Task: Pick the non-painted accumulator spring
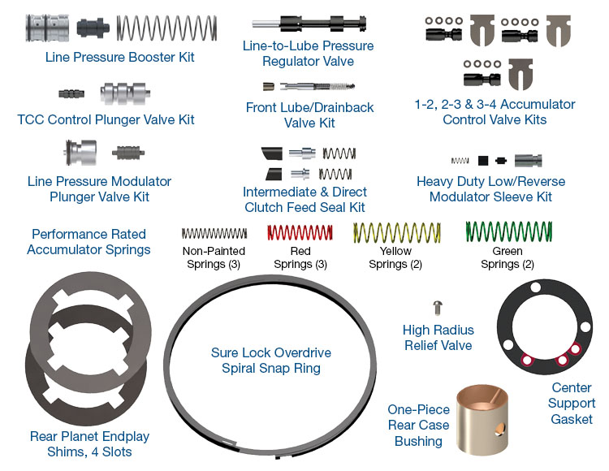[x=214, y=234]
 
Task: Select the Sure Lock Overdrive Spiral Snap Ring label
[x=271, y=361]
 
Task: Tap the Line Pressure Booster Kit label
[x=120, y=58]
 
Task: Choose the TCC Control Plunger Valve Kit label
[x=106, y=120]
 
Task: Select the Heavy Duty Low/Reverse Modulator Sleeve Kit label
[x=490, y=189]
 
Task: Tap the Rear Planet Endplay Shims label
[x=89, y=444]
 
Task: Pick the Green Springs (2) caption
[x=507, y=257]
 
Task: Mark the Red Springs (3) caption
[x=300, y=257]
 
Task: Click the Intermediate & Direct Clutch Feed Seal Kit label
[x=304, y=200]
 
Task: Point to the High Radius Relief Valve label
[x=438, y=338]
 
